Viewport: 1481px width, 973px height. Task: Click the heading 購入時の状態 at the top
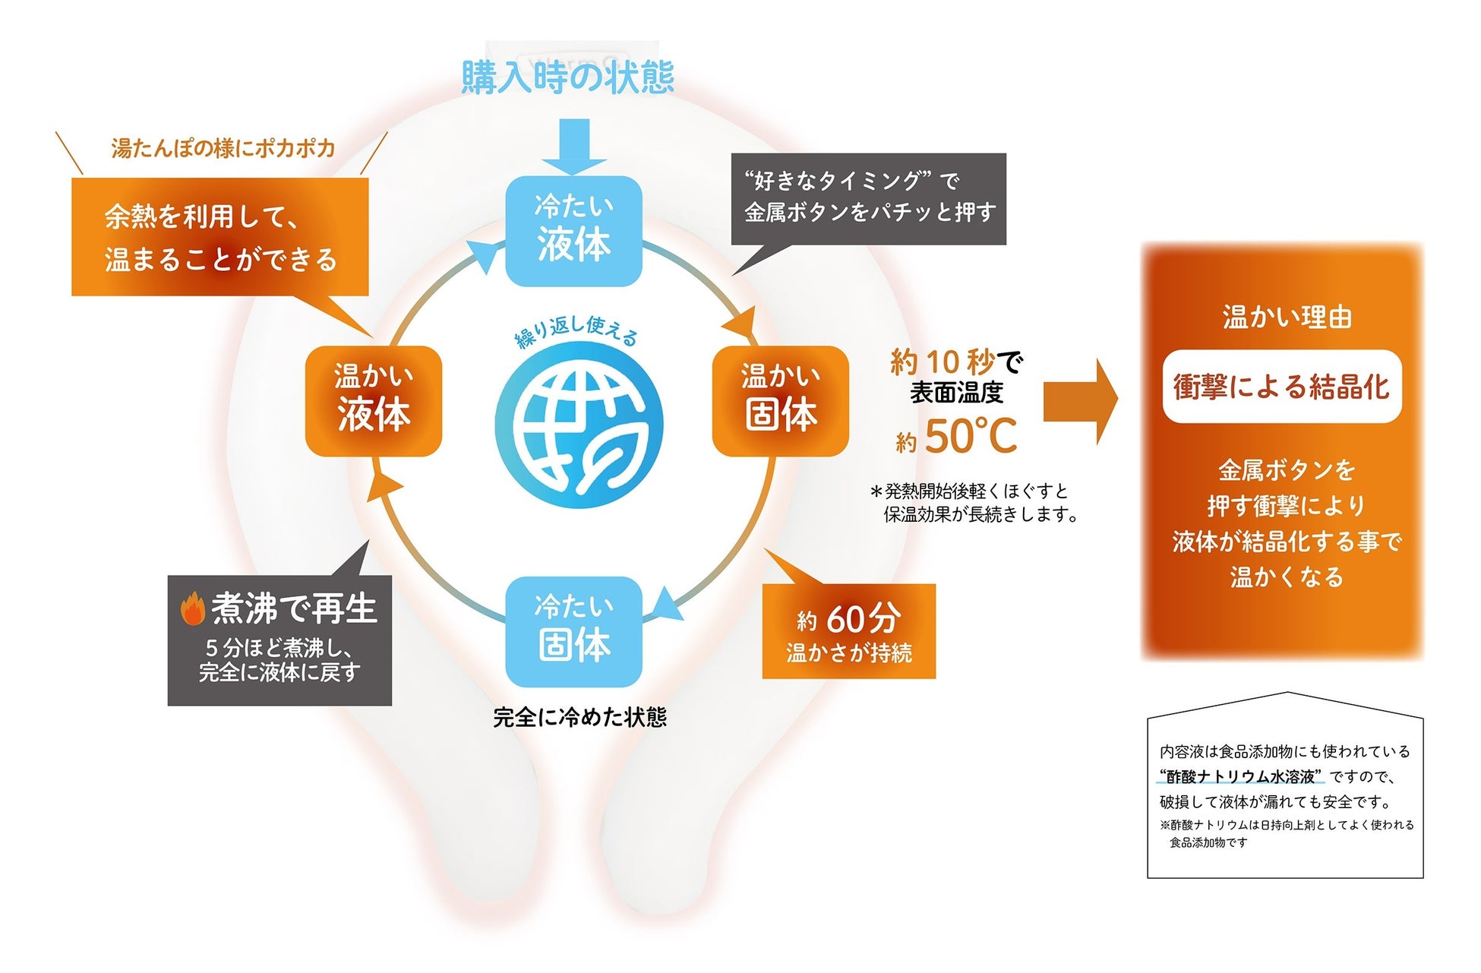point(567,77)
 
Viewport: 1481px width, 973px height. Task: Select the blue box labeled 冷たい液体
point(574,231)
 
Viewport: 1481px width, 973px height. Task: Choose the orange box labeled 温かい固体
point(780,401)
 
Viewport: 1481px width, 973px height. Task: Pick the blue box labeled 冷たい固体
point(574,631)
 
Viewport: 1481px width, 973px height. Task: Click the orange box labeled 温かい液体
point(374,401)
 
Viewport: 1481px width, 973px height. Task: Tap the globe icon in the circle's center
point(579,427)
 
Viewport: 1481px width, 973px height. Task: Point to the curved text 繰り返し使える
point(576,330)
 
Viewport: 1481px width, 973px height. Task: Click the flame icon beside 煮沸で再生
point(193,609)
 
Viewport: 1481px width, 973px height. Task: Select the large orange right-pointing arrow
point(1080,401)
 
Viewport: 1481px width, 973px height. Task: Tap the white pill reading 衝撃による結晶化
point(1281,387)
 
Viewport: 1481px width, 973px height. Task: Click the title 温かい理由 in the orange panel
point(1287,317)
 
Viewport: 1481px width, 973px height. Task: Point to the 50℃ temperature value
point(970,437)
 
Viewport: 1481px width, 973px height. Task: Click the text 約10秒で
point(956,362)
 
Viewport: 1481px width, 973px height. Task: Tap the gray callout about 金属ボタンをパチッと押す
point(868,199)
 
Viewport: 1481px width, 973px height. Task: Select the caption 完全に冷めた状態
point(579,718)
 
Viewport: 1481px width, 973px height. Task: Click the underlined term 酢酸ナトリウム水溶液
point(1240,776)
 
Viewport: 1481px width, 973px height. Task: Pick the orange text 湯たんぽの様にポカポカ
point(223,148)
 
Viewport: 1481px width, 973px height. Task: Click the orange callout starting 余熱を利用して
point(219,237)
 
